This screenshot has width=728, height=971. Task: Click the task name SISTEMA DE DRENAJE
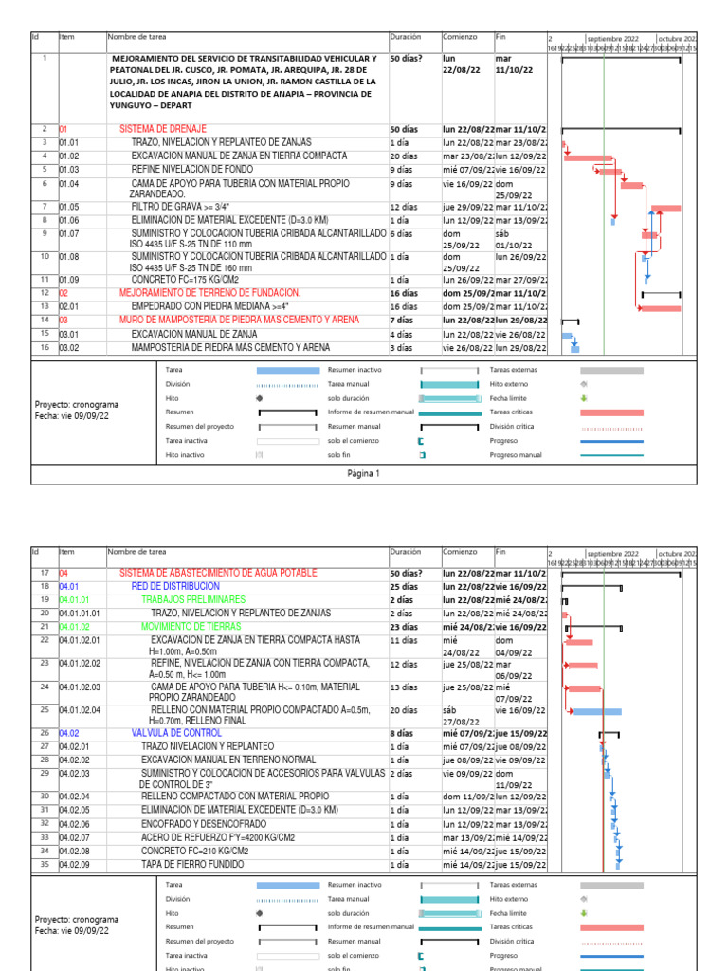tap(162, 128)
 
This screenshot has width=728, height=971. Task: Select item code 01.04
tap(68, 183)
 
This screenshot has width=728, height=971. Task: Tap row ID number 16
tap(45, 348)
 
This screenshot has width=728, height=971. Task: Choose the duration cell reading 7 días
tap(404, 321)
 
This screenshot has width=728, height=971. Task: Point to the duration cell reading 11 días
tap(404, 641)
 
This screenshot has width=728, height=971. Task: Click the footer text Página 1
tap(363, 473)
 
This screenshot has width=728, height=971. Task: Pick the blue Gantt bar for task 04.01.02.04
tap(597, 711)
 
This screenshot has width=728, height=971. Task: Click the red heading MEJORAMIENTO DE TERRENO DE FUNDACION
tap(209, 293)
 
